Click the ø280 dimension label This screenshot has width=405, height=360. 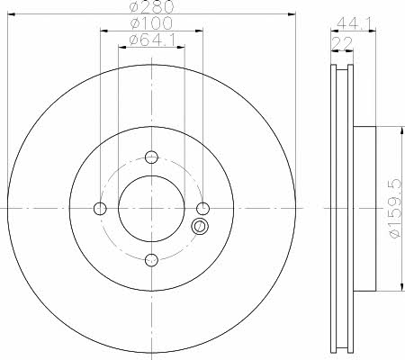pos(152,6)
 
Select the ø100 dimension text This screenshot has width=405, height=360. pos(151,23)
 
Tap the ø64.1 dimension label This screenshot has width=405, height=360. pos(152,40)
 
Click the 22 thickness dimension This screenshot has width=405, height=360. pos(342,44)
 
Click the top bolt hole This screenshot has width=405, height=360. pos(151,157)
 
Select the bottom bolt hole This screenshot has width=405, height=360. pos(151,260)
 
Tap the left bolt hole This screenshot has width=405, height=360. pos(100,209)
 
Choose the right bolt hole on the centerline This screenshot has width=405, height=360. pos(203,209)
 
